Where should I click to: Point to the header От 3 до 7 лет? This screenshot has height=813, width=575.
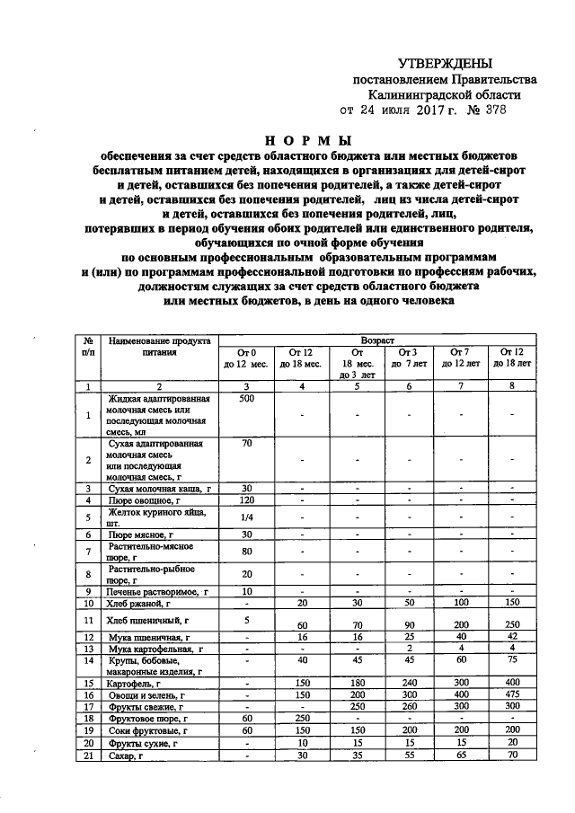408,357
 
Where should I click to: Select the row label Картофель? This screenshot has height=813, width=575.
137,683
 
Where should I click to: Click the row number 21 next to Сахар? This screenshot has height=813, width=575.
88,757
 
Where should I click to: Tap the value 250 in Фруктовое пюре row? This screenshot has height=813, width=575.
300,720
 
